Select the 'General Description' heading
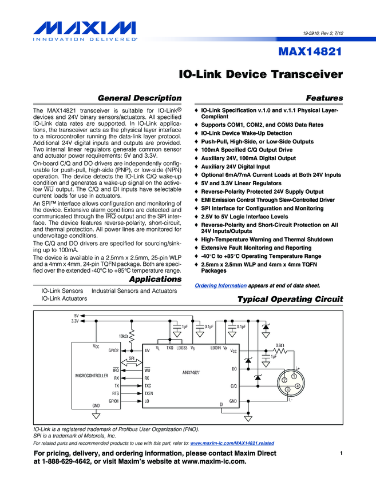[x=140, y=98]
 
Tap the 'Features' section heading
[x=324, y=98]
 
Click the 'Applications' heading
[x=155, y=280]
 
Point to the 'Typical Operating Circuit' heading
[x=290, y=300]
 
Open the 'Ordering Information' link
[x=221, y=285]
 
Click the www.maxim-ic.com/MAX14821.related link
[x=232, y=443]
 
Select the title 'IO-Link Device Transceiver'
[x=261, y=75]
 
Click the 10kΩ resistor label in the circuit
[x=123, y=336]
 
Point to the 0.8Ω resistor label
[x=280, y=345]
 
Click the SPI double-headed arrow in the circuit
[x=132, y=358]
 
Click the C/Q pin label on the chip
[x=233, y=386]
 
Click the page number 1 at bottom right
[x=341, y=453]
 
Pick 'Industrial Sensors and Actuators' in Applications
[x=134, y=291]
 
